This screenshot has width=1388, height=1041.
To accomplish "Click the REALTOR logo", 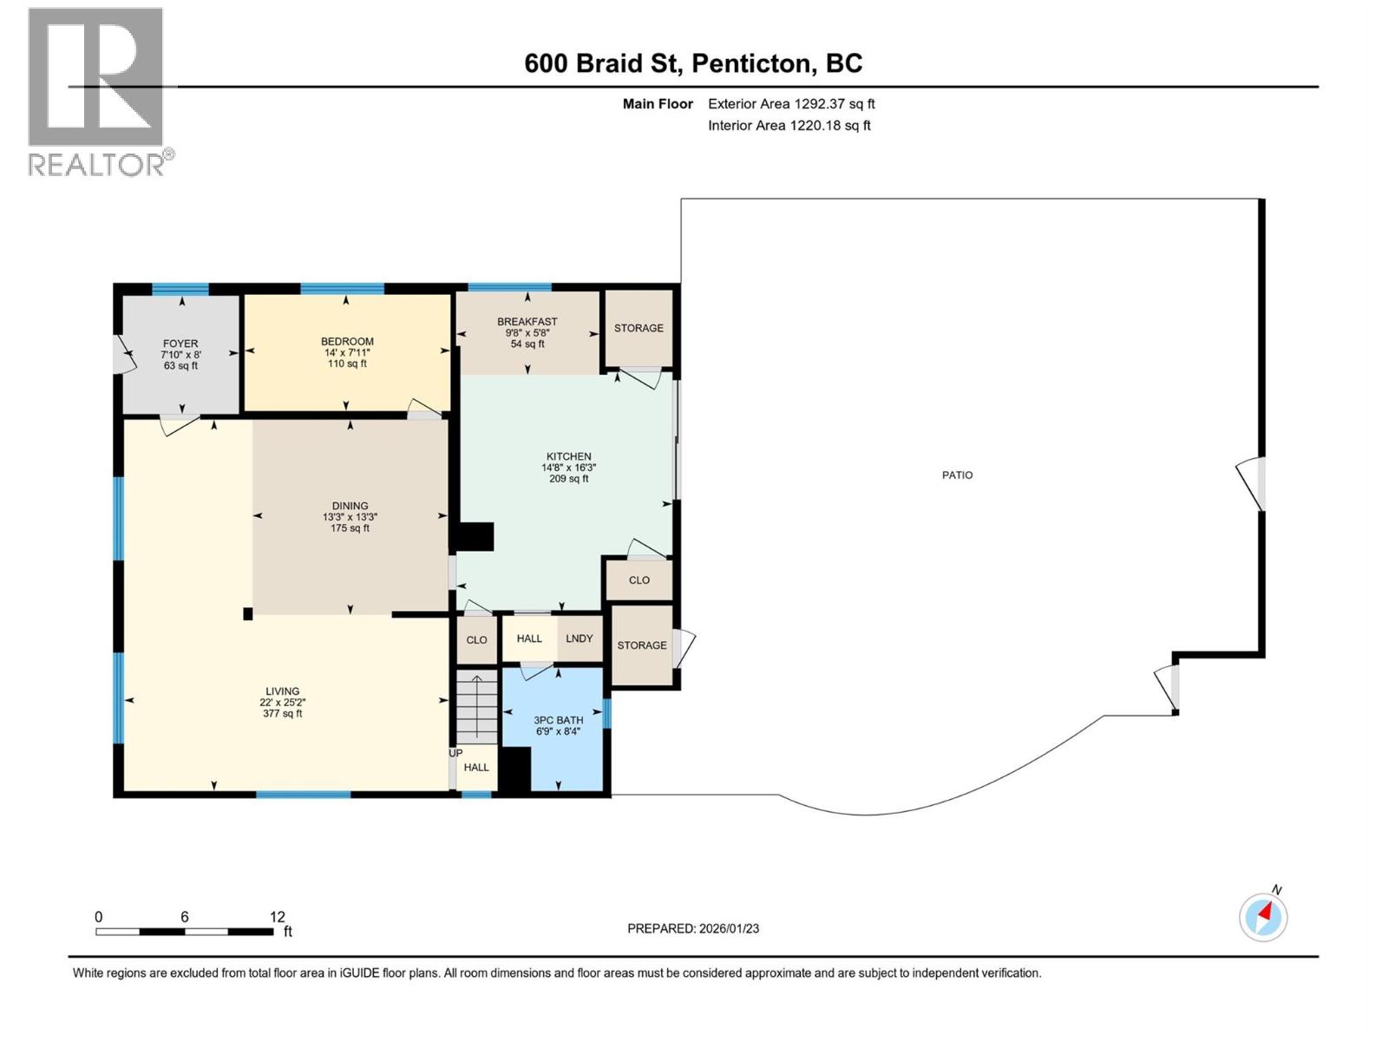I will click(95, 91).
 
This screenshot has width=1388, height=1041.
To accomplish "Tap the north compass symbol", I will click(1263, 916).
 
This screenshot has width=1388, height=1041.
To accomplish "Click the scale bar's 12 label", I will click(278, 917).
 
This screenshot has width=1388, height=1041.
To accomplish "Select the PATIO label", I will click(957, 475).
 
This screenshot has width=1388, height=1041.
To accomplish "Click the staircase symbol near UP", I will click(476, 706).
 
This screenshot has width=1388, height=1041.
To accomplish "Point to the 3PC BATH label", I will click(558, 720).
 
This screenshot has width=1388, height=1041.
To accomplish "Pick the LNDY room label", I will click(579, 638).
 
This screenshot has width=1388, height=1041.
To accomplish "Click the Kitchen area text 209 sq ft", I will click(568, 479).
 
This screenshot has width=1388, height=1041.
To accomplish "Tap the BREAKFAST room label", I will click(527, 322).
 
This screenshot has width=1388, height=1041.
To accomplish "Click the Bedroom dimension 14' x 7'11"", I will click(346, 353).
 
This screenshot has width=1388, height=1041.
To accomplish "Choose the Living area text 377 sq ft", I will click(283, 714).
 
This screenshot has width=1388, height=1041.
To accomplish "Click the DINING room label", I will click(350, 506).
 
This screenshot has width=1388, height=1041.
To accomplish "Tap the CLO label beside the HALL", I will click(477, 640).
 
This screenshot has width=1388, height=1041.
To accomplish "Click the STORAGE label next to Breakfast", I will click(638, 328).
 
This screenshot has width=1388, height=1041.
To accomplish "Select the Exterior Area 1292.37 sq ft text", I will click(791, 104).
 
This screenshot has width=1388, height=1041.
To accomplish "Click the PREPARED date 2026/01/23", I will click(727, 928).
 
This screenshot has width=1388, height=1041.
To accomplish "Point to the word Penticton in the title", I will click(753, 63).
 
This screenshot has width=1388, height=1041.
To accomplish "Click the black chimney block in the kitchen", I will click(475, 536).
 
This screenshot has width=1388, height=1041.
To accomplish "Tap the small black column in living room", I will click(248, 614).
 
